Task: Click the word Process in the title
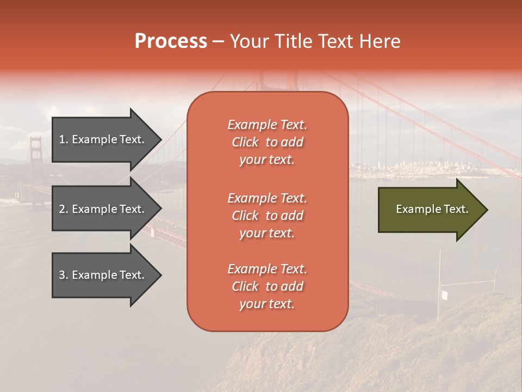(x=171, y=41)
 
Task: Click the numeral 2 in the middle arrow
(x=61, y=209)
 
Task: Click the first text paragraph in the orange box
(x=267, y=142)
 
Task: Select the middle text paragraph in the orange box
(x=267, y=216)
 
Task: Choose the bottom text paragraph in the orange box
(x=267, y=286)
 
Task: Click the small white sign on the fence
(x=444, y=295)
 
